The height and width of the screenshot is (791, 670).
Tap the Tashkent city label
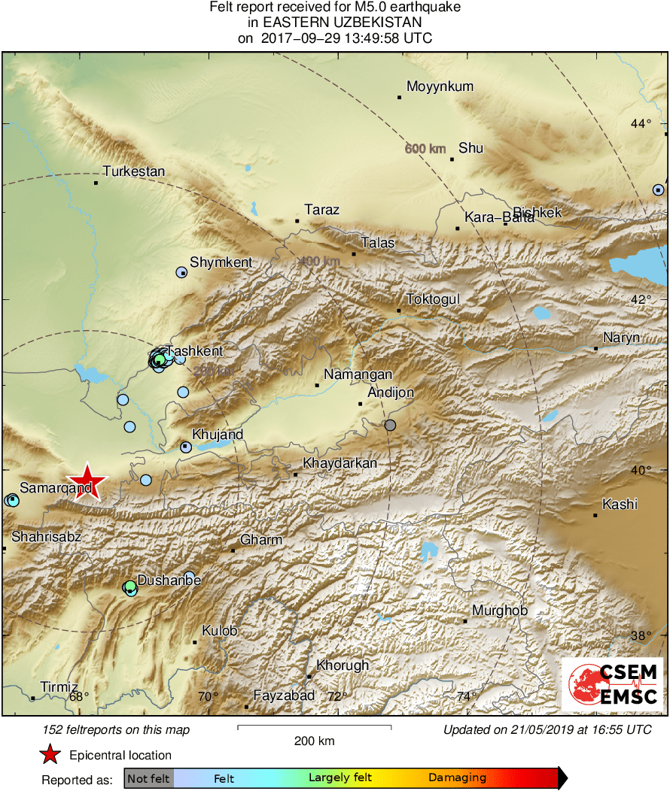click(194, 351)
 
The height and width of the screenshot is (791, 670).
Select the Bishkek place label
click(538, 213)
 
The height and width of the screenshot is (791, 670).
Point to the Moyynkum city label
click(440, 86)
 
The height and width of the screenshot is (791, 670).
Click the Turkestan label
click(133, 171)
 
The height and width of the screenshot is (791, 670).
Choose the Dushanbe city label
click(169, 580)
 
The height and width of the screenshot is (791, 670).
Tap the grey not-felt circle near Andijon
click(390, 426)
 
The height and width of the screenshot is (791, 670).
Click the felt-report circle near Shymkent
click(181, 273)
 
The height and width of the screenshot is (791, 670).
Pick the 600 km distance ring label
click(425, 149)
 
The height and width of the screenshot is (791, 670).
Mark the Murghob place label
click(500, 611)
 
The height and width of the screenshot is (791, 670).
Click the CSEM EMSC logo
click(613, 683)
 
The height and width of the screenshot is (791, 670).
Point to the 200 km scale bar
click(314, 727)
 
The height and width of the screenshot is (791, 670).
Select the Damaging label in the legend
click(457, 778)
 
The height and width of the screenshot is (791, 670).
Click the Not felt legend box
click(148, 778)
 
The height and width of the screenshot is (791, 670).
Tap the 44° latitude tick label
click(641, 123)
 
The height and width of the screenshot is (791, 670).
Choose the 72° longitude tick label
click(337, 697)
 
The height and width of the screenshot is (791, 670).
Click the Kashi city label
click(620, 504)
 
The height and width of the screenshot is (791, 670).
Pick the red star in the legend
click(50, 755)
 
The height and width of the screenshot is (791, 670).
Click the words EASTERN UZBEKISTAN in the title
click(335, 23)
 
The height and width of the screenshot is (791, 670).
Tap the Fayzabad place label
click(284, 696)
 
